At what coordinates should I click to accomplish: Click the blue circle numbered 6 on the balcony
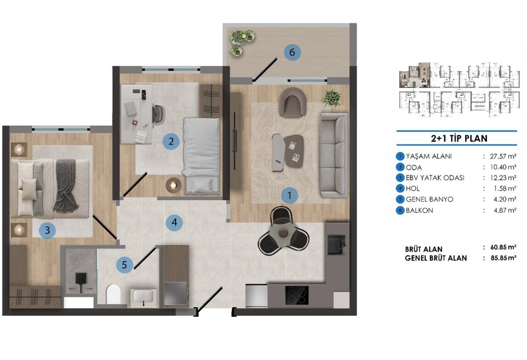click(x=292, y=52)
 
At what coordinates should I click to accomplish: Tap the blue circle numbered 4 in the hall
click(x=174, y=222)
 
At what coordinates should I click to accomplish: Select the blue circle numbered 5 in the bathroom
click(x=124, y=265)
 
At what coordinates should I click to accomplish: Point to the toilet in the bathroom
click(x=113, y=294)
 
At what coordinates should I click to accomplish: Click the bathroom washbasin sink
click(x=143, y=296)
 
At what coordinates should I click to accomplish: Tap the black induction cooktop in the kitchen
click(x=297, y=295)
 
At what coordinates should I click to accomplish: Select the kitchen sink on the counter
click(x=337, y=245)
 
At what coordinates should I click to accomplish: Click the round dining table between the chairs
click(x=283, y=233)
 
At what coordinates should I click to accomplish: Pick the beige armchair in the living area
click(x=292, y=102)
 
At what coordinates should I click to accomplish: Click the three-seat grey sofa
click(x=333, y=156)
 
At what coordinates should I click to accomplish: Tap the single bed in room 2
click(x=202, y=156)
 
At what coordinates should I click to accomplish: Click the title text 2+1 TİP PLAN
click(x=459, y=138)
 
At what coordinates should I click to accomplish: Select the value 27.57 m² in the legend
click(x=503, y=156)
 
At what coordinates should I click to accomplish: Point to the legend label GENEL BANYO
click(x=430, y=199)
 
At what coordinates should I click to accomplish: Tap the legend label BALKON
click(x=419, y=210)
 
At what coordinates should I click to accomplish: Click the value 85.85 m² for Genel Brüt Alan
click(x=503, y=258)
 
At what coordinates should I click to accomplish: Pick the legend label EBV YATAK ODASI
click(x=435, y=178)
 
